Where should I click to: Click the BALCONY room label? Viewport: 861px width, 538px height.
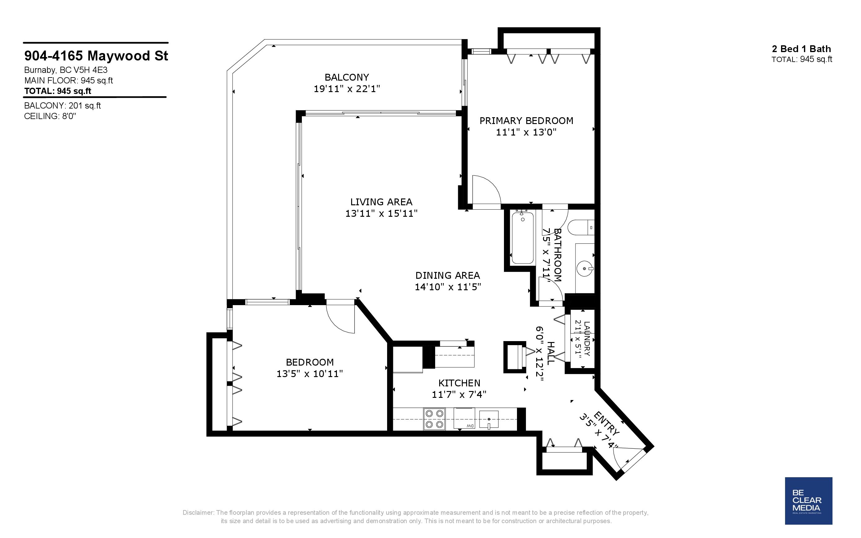[347, 77]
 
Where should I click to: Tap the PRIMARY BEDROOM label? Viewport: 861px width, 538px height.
[526, 121]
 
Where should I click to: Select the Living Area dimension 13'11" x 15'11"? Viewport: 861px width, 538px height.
[381, 213]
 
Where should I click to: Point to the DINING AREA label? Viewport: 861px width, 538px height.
[448, 275]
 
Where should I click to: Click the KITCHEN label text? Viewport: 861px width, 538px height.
[459, 383]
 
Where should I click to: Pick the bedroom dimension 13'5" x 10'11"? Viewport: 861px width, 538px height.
[310, 374]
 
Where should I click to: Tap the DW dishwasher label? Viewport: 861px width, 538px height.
[470, 426]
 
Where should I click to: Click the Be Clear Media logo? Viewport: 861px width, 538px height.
[808, 501]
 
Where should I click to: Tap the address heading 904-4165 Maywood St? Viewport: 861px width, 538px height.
[96, 56]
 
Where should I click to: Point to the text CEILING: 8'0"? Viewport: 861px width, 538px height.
[50, 116]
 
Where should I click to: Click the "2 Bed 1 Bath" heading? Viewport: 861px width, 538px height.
[801, 49]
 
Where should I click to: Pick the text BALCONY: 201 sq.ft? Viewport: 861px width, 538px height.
[63, 106]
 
